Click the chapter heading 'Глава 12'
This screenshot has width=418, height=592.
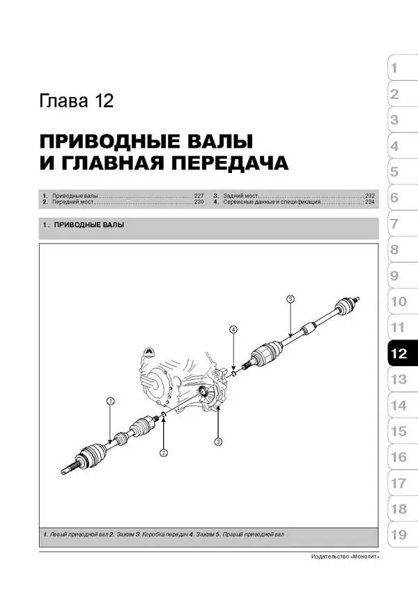(77, 101)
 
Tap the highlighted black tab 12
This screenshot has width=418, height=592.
(398, 354)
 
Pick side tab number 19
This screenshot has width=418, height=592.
(398, 535)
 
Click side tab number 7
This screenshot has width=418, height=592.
(394, 224)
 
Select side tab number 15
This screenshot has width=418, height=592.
(398, 431)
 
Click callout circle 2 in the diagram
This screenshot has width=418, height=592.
(164, 453)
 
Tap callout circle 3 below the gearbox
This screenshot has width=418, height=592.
(218, 441)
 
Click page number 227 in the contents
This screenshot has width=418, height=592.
(199, 196)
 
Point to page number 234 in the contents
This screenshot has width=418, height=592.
(369, 203)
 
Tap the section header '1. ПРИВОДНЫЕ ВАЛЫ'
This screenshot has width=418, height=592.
(84, 225)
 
